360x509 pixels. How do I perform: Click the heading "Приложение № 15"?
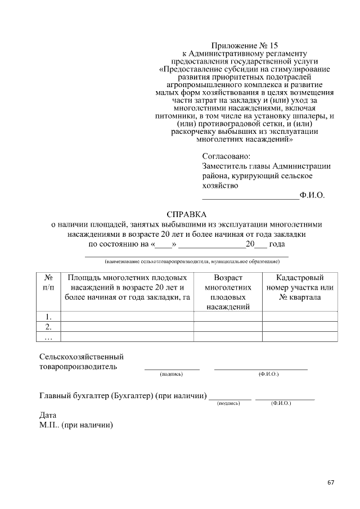click(245, 44)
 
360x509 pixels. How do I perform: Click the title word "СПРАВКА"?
click(187, 214)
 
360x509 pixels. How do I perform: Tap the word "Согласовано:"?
click(227, 156)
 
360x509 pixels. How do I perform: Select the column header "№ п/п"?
click(48, 282)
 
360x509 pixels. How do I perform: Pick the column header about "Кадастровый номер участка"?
click(300, 287)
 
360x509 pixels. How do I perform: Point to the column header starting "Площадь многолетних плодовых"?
click(127, 287)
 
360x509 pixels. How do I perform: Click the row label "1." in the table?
click(48, 316)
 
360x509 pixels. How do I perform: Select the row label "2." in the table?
click(48, 326)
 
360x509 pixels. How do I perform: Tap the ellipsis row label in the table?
click(48, 337)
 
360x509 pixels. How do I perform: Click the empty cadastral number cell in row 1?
click(300, 316)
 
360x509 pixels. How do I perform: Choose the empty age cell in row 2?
click(228, 326)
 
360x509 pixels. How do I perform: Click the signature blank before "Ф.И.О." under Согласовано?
click(250, 196)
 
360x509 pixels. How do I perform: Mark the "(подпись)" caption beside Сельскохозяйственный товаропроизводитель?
click(172, 373)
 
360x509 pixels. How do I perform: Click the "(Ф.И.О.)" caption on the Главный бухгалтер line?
click(280, 403)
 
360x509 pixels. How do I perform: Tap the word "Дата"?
click(48, 415)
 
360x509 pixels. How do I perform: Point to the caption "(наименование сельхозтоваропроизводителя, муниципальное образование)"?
click(192, 262)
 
